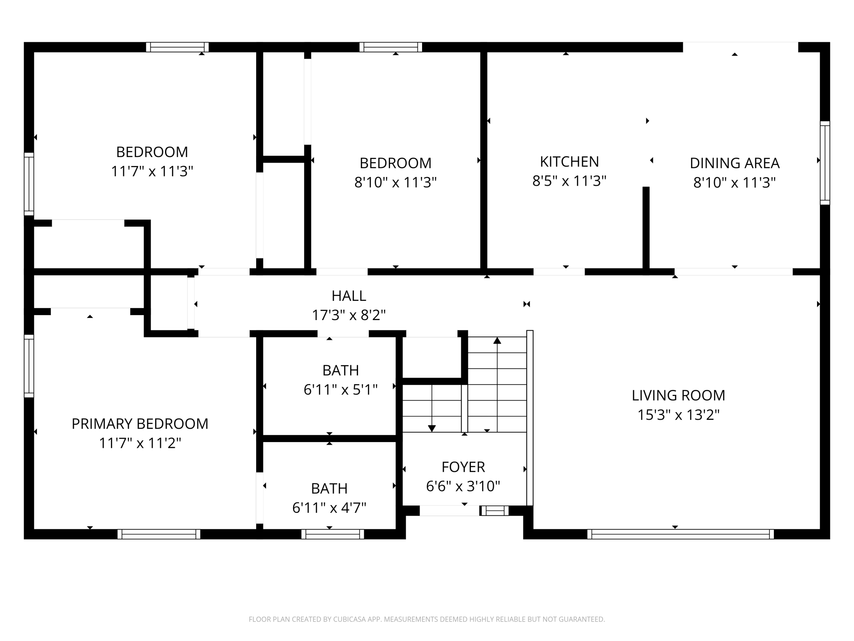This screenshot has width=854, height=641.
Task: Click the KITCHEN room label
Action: pos(569,162)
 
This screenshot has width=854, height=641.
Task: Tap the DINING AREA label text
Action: pos(734,163)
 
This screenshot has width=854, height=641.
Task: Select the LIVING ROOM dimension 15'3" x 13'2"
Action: pos(678,415)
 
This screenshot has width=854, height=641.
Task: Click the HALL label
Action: pos(349,296)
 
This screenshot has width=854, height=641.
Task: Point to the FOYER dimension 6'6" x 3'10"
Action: pos(463,486)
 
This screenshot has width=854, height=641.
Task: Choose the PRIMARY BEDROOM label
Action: pos(140,424)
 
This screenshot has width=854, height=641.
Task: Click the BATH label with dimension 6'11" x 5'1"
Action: pos(340,370)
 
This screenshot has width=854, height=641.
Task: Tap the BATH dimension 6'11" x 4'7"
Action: pos(329,508)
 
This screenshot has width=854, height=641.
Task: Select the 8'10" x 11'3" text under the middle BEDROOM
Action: pos(395,182)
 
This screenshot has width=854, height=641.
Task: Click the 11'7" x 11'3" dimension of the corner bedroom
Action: pos(152,171)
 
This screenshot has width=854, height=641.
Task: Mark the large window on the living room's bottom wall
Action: pos(680,534)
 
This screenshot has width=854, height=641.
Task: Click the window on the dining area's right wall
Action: pos(825,163)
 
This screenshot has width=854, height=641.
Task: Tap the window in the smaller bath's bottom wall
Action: pos(333,534)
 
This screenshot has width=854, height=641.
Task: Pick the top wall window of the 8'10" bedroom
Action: pos(390,47)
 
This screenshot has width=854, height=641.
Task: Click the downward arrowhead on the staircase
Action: pos(432,429)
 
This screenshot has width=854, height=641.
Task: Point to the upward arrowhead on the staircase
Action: pos(497,340)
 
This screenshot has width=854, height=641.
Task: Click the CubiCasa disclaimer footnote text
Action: pos(427,619)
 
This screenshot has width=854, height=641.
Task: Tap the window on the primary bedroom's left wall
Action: pos(29,366)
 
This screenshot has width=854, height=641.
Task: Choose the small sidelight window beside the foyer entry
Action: pos(494,510)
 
